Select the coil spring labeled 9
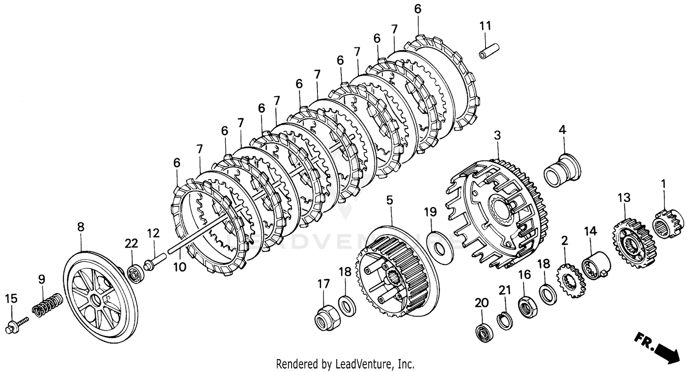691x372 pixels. (x=47, y=305)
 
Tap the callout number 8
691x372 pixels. (x=81, y=227)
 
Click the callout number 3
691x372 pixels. (x=497, y=136)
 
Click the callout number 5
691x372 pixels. (x=390, y=200)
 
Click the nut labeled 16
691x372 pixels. (x=526, y=306)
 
